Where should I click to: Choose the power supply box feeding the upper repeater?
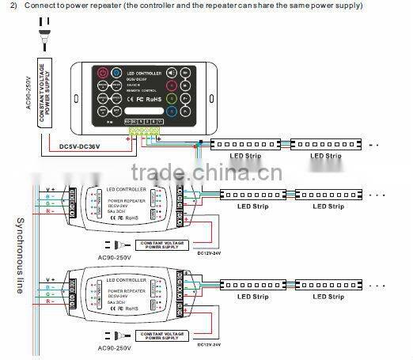tap(165, 244)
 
